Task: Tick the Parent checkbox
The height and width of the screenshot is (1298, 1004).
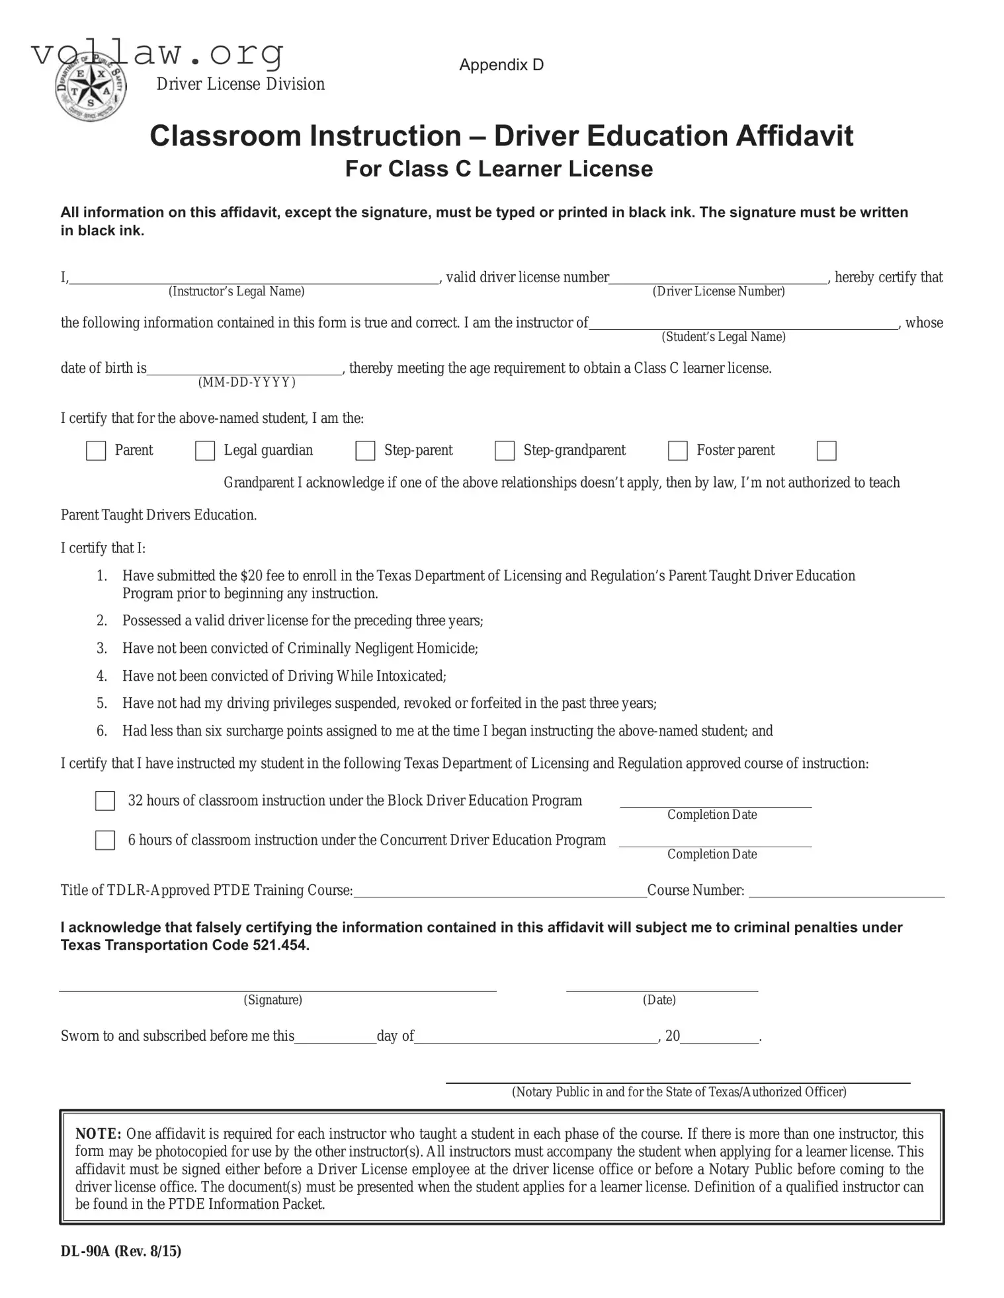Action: point(96,451)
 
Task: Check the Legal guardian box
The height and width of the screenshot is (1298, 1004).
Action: point(205,451)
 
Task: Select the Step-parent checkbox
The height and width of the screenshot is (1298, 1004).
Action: point(365,451)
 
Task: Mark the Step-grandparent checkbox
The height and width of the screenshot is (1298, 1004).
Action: point(505,451)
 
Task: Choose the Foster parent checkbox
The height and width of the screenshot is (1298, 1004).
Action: point(678,451)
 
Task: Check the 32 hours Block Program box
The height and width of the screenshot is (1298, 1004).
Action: point(105,801)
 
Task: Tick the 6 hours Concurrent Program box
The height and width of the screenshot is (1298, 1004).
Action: point(105,841)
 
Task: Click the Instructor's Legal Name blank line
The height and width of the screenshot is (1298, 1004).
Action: point(255,278)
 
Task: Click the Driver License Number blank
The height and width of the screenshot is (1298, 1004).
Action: point(718,278)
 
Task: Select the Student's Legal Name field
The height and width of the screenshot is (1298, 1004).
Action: point(743,323)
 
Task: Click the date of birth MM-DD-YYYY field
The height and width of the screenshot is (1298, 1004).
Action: point(245,369)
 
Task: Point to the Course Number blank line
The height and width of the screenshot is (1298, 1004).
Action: point(847,891)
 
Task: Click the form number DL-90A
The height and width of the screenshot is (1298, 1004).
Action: point(85,1251)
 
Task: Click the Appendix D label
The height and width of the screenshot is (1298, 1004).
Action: point(501,65)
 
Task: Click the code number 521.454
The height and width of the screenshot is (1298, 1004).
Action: point(280,945)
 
